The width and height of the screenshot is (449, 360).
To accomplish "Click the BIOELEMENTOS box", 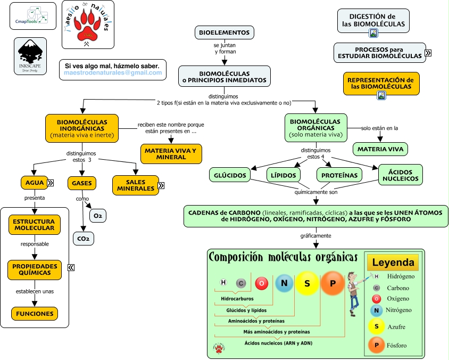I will [x=224, y=32].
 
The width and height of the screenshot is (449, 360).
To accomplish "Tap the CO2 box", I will [x=83, y=238].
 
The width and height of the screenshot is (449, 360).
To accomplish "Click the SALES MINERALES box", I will [x=135, y=185].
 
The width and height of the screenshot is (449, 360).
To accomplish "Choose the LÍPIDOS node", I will [x=283, y=175].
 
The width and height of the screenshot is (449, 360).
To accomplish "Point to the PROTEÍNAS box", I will [x=339, y=175].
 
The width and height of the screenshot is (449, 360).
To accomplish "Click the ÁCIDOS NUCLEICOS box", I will [x=401, y=174].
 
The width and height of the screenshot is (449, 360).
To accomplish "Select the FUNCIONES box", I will [x=34, y=314].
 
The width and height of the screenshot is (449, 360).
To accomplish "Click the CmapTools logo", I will [x=33, y=16].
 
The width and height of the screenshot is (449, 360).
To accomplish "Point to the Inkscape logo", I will [x=30, y=55].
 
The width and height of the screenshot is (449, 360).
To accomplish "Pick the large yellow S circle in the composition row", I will [x=307, y=283].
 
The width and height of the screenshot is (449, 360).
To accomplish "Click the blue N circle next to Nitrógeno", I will [x=376, y=310].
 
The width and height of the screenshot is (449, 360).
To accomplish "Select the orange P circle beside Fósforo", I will [x=377, y=346].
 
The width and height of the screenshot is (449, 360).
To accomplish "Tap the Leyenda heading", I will [x=393, y=263].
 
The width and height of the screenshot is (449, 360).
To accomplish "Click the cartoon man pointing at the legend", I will [x=353, y=293].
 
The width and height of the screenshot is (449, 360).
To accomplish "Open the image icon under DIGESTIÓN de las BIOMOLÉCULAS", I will [x=373, y=33].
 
